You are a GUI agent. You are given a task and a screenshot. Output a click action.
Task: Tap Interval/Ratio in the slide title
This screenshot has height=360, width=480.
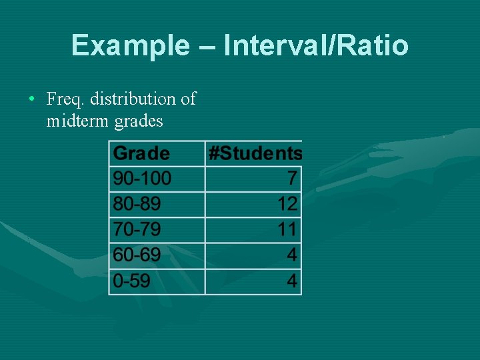pos(316,45)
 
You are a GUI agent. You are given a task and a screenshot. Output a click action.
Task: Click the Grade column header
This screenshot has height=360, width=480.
pos(141,153)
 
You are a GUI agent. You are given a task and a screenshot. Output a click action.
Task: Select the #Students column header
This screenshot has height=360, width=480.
pos(255,153)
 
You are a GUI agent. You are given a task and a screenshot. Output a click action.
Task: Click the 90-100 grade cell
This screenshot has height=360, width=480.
pos(142,179)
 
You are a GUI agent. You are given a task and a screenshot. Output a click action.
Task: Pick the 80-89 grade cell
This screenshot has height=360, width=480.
pos(137,204)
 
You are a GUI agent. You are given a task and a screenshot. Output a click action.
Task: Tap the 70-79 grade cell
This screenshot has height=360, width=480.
pos(137,229)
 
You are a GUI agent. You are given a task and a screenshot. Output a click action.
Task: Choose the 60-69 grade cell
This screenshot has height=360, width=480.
pos(137,255)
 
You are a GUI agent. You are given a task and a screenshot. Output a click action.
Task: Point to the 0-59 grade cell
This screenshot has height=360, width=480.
pos(131,281)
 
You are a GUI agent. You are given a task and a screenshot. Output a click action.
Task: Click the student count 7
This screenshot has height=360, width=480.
pos(292,179)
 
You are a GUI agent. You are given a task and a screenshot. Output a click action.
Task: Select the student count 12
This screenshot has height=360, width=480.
pos(287,204)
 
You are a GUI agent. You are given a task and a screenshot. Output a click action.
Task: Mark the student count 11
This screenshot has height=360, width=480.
pos(287,229)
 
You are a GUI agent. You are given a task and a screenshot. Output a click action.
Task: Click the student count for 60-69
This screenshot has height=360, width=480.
pos(292,255)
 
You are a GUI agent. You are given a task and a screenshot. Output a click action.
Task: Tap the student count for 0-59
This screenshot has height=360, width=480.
pos(292,281)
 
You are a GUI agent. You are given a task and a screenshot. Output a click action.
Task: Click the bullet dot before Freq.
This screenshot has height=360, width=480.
pos(32,99)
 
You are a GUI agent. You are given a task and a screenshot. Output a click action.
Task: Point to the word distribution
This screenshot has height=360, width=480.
pos(133,99)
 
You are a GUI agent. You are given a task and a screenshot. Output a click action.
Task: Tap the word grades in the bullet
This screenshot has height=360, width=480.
pos(139,122)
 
